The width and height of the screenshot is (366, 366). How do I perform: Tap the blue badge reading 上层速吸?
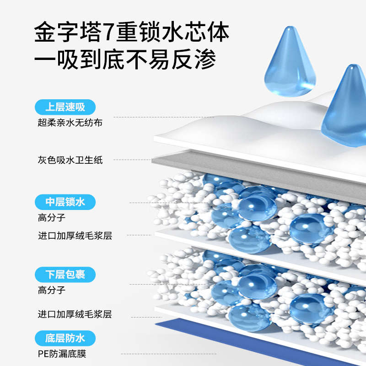click(x=65, y=108)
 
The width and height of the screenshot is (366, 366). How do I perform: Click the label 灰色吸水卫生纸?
click(x=70, y=160)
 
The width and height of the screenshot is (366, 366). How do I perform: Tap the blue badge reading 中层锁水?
click(x=65, y=202)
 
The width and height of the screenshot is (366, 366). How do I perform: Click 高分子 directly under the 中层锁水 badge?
click(x=51, y=217)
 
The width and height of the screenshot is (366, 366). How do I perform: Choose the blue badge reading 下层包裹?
click(x=65, y=274)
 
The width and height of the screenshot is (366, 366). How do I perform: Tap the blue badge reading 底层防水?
click(x=65, y=339)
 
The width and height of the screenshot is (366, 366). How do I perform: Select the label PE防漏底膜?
click(x=62, y=353)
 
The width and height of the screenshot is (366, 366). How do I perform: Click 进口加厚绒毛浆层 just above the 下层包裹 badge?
click(x=75, y=236)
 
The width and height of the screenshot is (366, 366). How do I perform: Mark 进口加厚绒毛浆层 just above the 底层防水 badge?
click(x=75, y=314)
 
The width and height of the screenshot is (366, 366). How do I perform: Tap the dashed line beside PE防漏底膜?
click(x=137, y=354)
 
